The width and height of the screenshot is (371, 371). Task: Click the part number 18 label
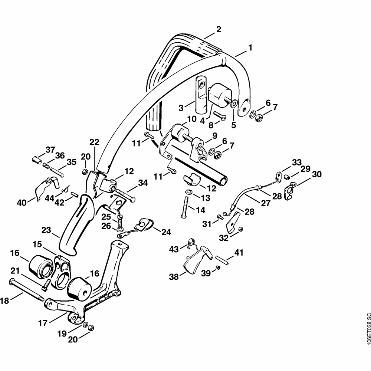(x=4, y=301)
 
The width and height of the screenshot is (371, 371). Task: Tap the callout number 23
(x=46, y=230)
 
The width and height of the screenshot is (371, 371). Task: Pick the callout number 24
(x=166, y=232)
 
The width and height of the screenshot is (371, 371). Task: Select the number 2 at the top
(x=219, y=29)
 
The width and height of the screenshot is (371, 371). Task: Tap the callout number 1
(x=250, y=47)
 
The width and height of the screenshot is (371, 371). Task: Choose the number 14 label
(x=200, y=210)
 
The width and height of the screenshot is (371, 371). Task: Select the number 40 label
(x=22, y=203)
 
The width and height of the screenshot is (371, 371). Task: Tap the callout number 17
(x=43, y=324)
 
